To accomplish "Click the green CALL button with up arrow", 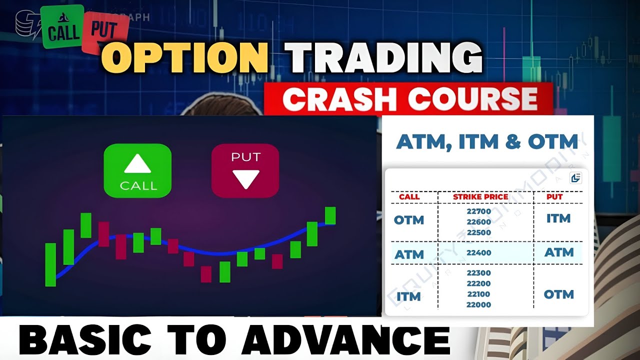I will (x=137, y=170).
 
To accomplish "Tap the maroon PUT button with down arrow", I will (x=245, y=170).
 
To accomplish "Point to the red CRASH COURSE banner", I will (x=409, y=99).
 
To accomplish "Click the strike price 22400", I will (x=478, y=253).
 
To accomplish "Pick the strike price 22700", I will (x=478, y=211).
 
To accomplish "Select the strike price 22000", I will (x=478, y=305).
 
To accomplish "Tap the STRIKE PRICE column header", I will (x=480, y=197).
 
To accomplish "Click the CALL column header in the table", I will (x=409, y=197).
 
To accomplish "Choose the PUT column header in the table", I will (x=554, y=197).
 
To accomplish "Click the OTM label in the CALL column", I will (x=409, y=220).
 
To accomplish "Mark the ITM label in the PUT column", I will (x=558, y=218).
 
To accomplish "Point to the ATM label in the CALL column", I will (x=409, y=254).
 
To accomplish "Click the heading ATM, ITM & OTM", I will (x=487, y=142).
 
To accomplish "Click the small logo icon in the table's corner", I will (x=575, y=177).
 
